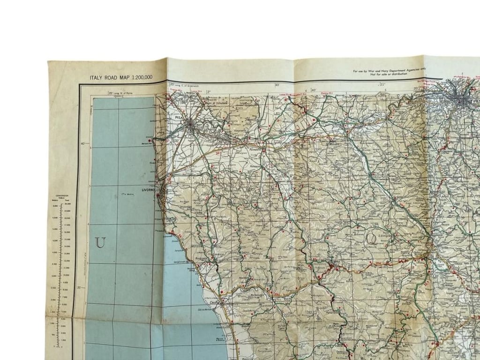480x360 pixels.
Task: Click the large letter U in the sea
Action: pos(100,243)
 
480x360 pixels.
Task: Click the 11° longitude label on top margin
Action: pos(382,84)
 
